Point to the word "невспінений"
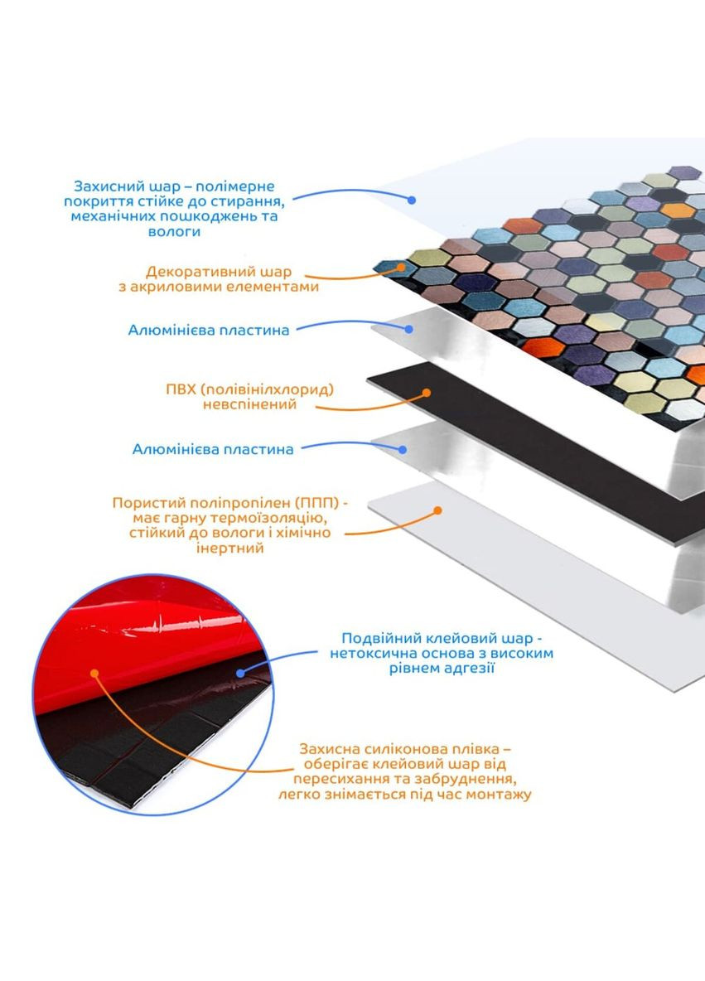tap(249, 404)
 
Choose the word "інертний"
tap(229, 548)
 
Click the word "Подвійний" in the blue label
tap(383, 639)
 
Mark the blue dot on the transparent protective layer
tap(411, 201)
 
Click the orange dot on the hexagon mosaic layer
tap(401, 267)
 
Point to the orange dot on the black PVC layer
tap(427, 393)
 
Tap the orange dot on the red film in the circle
tap(94, 673)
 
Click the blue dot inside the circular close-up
tap(241, 673)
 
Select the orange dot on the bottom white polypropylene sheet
tap(438, 510)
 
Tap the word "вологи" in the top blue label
tap(175, 231)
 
